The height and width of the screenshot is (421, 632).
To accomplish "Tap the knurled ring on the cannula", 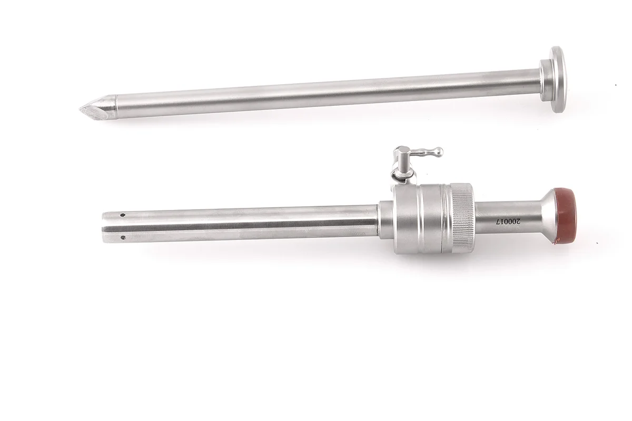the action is pyautogui.click(x=463, y=218).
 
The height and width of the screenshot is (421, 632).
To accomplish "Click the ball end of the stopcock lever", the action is pyautogui.click(x=438, y=152).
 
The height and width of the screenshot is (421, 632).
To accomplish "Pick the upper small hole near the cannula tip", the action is pyautogui.click(x=122, y=215).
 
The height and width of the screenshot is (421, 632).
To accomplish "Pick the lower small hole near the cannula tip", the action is pyautogui.click(x=123, y=238).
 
